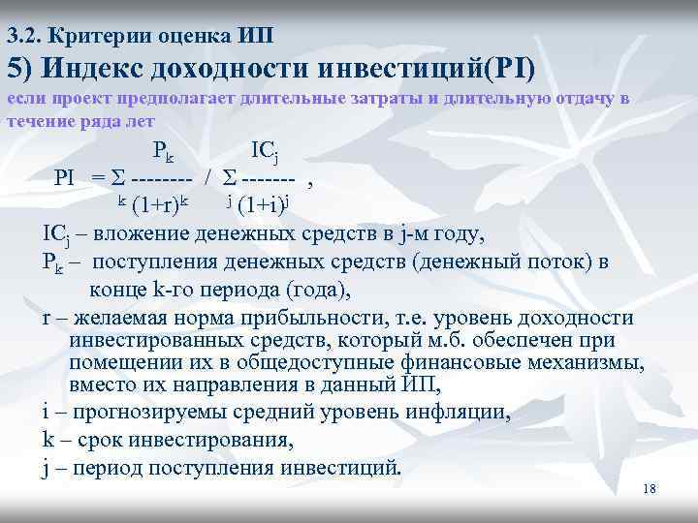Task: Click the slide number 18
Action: pos(650,490)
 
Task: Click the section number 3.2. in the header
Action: pos(23,37)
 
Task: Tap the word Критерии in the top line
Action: pos(88,37)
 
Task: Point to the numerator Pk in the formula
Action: pos(162,152)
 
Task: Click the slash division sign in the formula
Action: pos(208,178)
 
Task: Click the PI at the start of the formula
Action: pos(65,178)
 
